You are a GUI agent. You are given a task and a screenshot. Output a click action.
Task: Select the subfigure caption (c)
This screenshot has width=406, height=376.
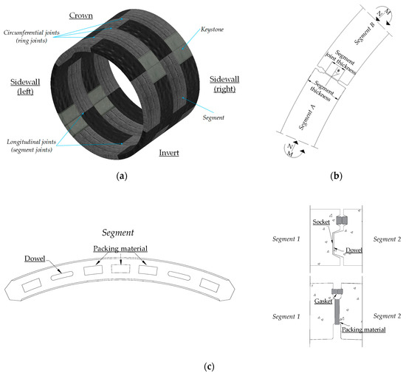click(203, 363)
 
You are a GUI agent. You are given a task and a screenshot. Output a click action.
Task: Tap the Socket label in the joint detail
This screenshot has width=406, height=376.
click(322, 222)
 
